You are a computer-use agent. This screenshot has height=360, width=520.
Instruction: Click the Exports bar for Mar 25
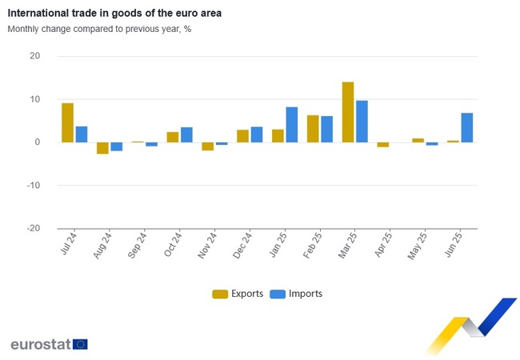[x=348, y=112]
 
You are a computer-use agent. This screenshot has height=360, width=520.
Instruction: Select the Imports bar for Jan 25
[x=292, y=125]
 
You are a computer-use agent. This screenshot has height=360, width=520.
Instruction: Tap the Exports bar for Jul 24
[x=67, y=122]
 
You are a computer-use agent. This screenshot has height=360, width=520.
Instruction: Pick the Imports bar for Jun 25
[x=467, y=127]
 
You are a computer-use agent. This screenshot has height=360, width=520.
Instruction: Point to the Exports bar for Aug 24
[x=102, y=148]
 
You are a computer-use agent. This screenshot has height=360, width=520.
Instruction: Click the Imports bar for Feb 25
[x=327, y=130]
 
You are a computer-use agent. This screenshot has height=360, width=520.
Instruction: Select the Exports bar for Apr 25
[x=383, y=145]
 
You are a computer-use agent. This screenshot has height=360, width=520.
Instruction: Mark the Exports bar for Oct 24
[x=173, y=137]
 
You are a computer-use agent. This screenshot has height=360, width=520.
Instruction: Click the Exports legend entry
[x=238, y=294]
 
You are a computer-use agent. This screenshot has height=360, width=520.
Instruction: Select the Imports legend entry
[x=297, y=294]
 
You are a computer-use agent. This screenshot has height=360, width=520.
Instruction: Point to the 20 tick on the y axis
[x=35, y=56]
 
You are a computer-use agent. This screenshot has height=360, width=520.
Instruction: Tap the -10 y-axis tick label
[x=33, y=185]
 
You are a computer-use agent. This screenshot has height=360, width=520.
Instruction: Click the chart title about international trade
[x=114, y=14]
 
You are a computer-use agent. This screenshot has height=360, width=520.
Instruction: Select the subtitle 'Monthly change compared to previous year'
[x=99, y=29]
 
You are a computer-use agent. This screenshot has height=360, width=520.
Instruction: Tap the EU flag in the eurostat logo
[x=80, y=344]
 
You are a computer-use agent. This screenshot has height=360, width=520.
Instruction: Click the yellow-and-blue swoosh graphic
[x=472, y=324]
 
